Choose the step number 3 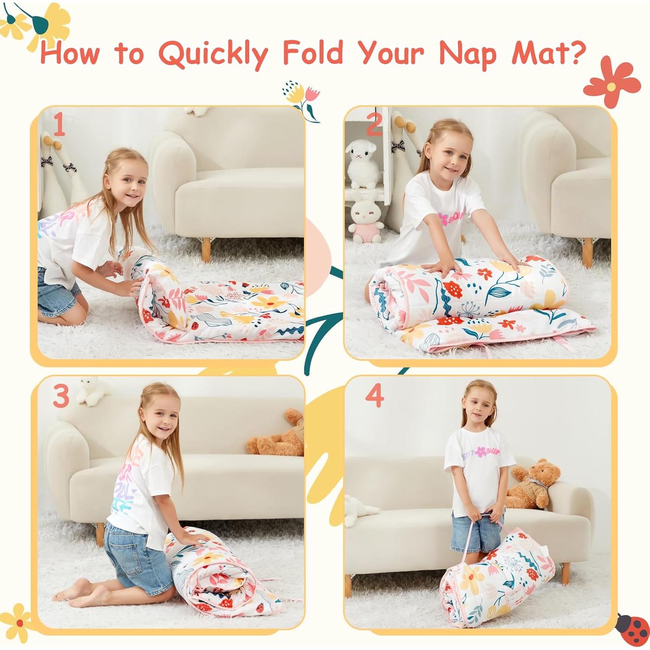tap(61, 395)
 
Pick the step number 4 tap(374, 395)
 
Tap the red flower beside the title tap(611, 84)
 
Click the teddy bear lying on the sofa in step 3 tap(277, 435)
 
